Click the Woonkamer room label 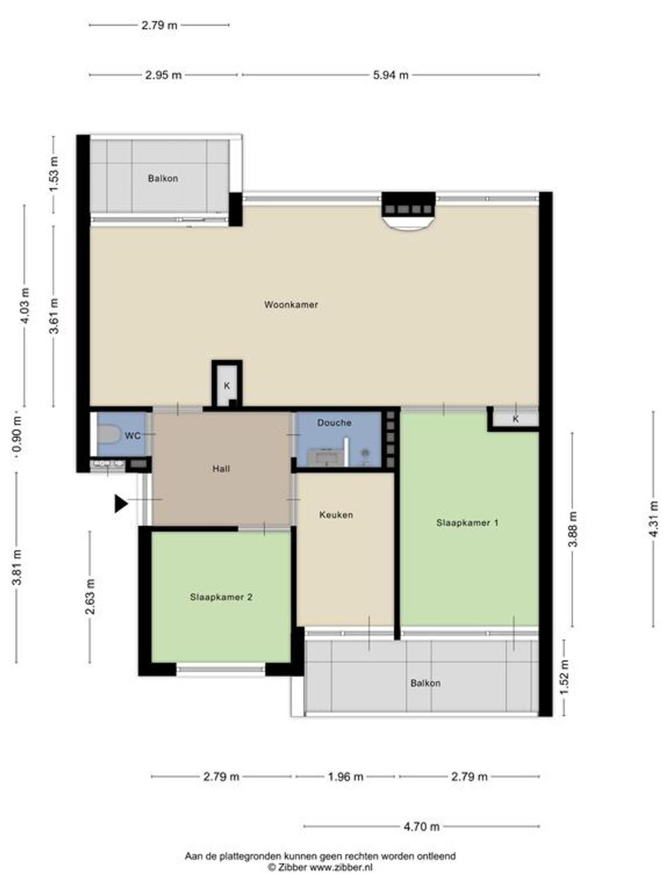point(291,305)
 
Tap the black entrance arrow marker point(121,504)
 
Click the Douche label point(334,423)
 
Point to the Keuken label point(336,515)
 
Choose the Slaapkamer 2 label point(221,597)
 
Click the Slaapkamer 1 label point(467,523)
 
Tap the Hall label point(221,469)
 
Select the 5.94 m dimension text point(390,75)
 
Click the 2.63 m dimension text point(90,597)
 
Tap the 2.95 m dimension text point(163,75)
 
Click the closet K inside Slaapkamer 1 point(516,419)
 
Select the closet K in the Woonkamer point(227,385)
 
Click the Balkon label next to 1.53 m point(163,178)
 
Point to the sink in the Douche point(325,457)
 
